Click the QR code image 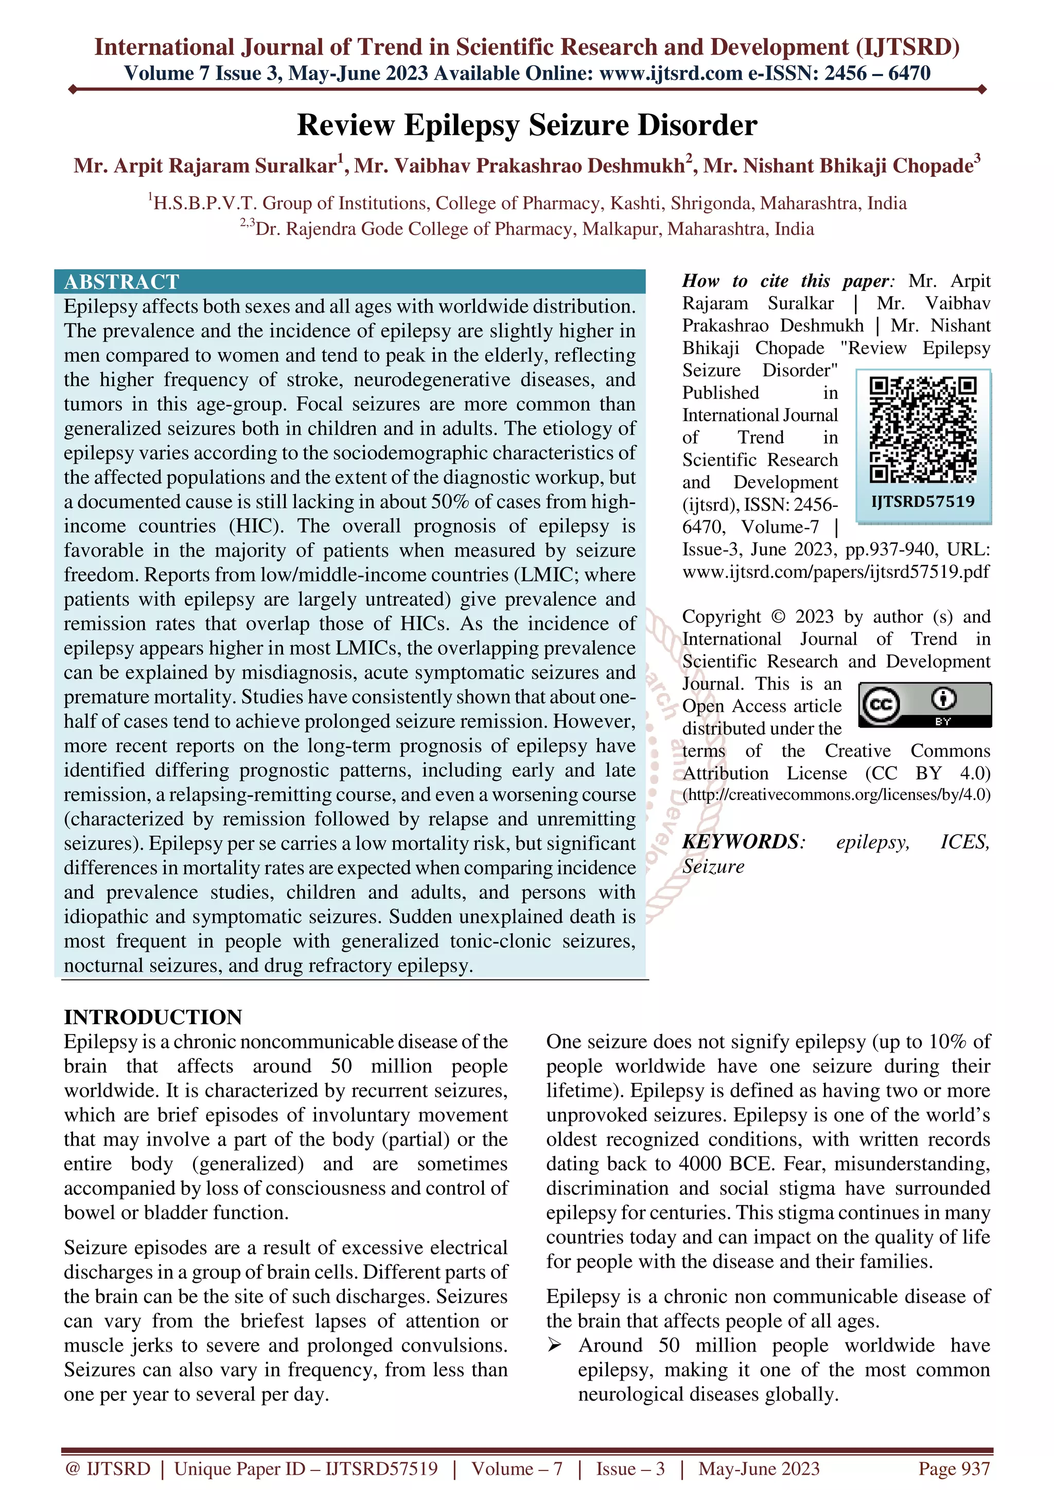tap(923, 430)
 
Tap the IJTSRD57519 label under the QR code tap(923, 502)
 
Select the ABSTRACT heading tap(121, 282)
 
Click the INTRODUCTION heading tap(153, 1017)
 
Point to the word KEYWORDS tap(741, 842)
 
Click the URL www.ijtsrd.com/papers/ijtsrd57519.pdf tap(836, 572)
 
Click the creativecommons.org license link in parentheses tap(836, 795)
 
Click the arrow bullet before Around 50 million tap(555, 1346)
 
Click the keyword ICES tap(964, 842)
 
